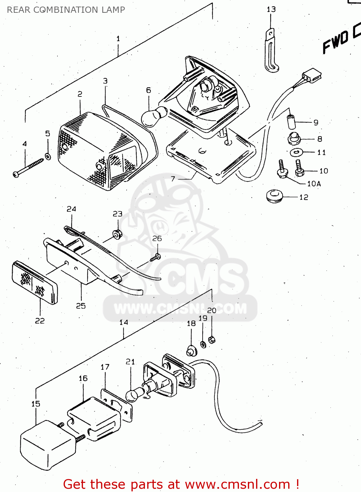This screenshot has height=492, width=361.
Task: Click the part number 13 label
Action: coord(271,10)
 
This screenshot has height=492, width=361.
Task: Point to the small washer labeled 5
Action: coord(48,156)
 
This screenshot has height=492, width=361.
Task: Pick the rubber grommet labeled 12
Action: coord(274,196)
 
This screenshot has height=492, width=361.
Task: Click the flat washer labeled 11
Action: coord(297,152)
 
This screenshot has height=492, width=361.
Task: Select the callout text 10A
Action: coord(314,184)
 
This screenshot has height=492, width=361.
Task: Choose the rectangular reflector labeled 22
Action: coord(34,282)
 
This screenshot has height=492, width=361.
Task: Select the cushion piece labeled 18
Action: coord(191,351)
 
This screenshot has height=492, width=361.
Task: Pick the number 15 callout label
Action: coord(36,404)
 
